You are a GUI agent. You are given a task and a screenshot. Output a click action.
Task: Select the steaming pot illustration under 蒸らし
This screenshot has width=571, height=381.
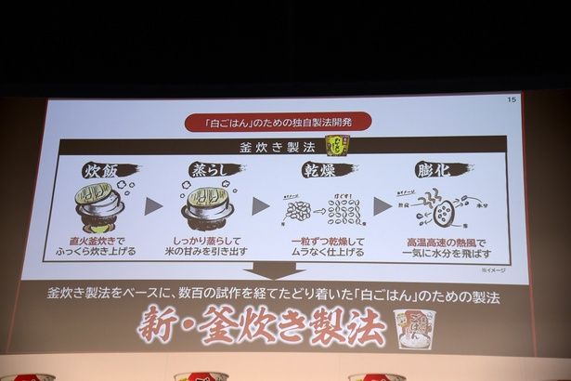[208, 207]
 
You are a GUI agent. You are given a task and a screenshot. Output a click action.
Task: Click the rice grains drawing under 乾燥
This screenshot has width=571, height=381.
[325, 209]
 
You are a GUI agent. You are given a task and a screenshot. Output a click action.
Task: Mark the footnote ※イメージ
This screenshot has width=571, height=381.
[492, 269]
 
